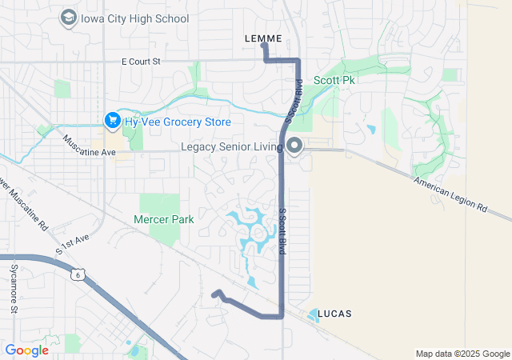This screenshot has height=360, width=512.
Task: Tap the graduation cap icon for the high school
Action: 68,18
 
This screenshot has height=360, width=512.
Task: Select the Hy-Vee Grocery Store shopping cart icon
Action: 112,121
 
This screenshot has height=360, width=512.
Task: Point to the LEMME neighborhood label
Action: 262,38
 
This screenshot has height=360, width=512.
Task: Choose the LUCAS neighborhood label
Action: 334,313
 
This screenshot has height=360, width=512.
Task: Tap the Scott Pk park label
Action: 334,81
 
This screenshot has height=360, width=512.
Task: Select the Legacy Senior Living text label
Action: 232,147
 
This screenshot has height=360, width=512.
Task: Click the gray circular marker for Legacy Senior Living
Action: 294,146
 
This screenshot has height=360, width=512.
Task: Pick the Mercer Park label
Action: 164,218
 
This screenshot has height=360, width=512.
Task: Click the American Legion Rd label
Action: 450,194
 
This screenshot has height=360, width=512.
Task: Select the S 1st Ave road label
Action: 71,245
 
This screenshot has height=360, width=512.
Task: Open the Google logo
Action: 26,350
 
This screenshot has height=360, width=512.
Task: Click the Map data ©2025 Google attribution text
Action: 462,354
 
